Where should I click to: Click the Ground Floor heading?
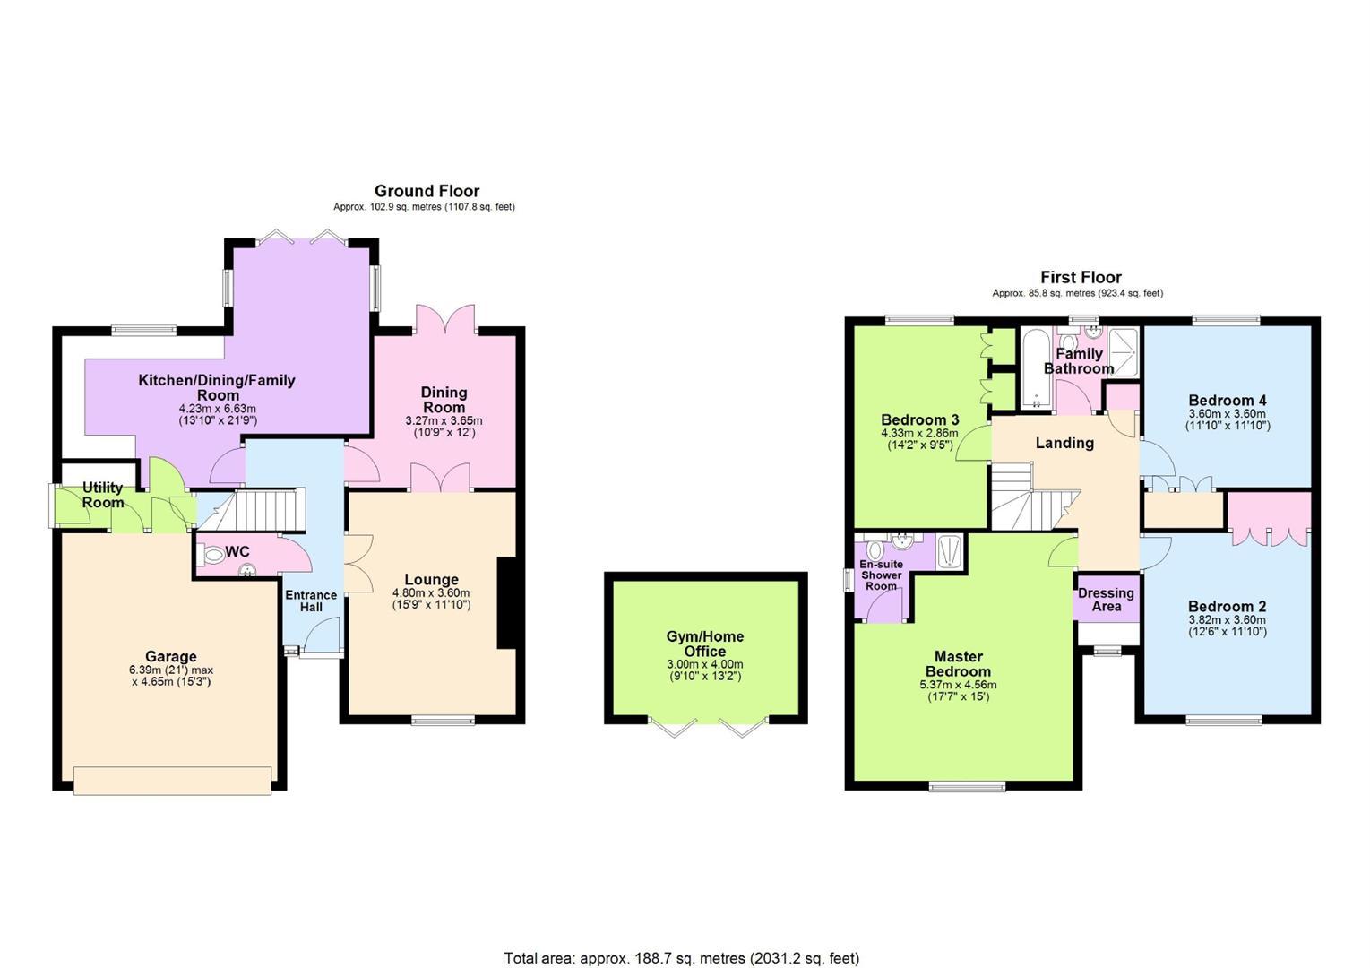pyautogui.click(x=427, y=191)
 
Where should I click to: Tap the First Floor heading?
pyautogui.click(x=1081, y=277)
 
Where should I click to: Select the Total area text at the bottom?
pyautogui.click(x=681, y=957)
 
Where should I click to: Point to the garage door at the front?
pyautogui.click(x=172, y=781)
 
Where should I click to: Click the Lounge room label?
pyautogui.click(x=431, y=579)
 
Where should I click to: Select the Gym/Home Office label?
pyautogui.click(x=705, y=644)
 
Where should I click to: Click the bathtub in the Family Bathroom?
pyautogui.click(x=1036, y=368)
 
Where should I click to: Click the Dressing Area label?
pyautogui.click(x=1106, y=600)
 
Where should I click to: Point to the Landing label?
pyautogui.click(x=1064, y=443)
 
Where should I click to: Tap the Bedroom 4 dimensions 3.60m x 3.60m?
pyautogui.click(x=1228, y=413)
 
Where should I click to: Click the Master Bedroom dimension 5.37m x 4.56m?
pyautogui.click(x=958, y=685)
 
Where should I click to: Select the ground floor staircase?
pyautogui.click(x=252, y=509)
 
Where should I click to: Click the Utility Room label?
pyautogui.click(x=103, y=495)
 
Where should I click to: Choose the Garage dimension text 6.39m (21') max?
pyautogui.click(x=171, y=670)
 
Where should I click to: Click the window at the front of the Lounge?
pyautogui.click(x=443, y=721)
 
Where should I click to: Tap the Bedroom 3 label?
pyautogui.click(x=920, y=419)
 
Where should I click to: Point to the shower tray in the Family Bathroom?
pyautogui.click(x=1124, y=353)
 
